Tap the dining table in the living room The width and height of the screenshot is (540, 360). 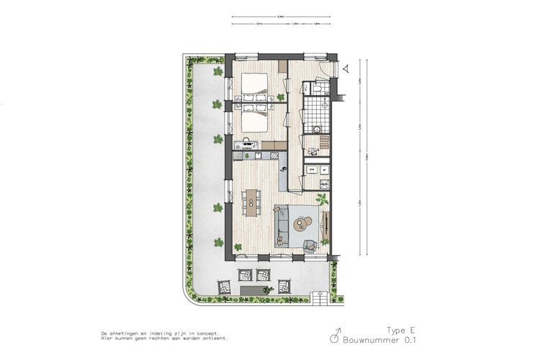[x=251, y=201]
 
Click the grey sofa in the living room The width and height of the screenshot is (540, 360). [x=281, y=226]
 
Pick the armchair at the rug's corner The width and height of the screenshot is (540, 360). [x=311, y=245]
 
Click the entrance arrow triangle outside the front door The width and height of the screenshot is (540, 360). [x=346, y=68]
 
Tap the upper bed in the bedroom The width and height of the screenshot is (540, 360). [x=254, y=85]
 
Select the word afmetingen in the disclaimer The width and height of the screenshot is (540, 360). [x=130, y=334]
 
